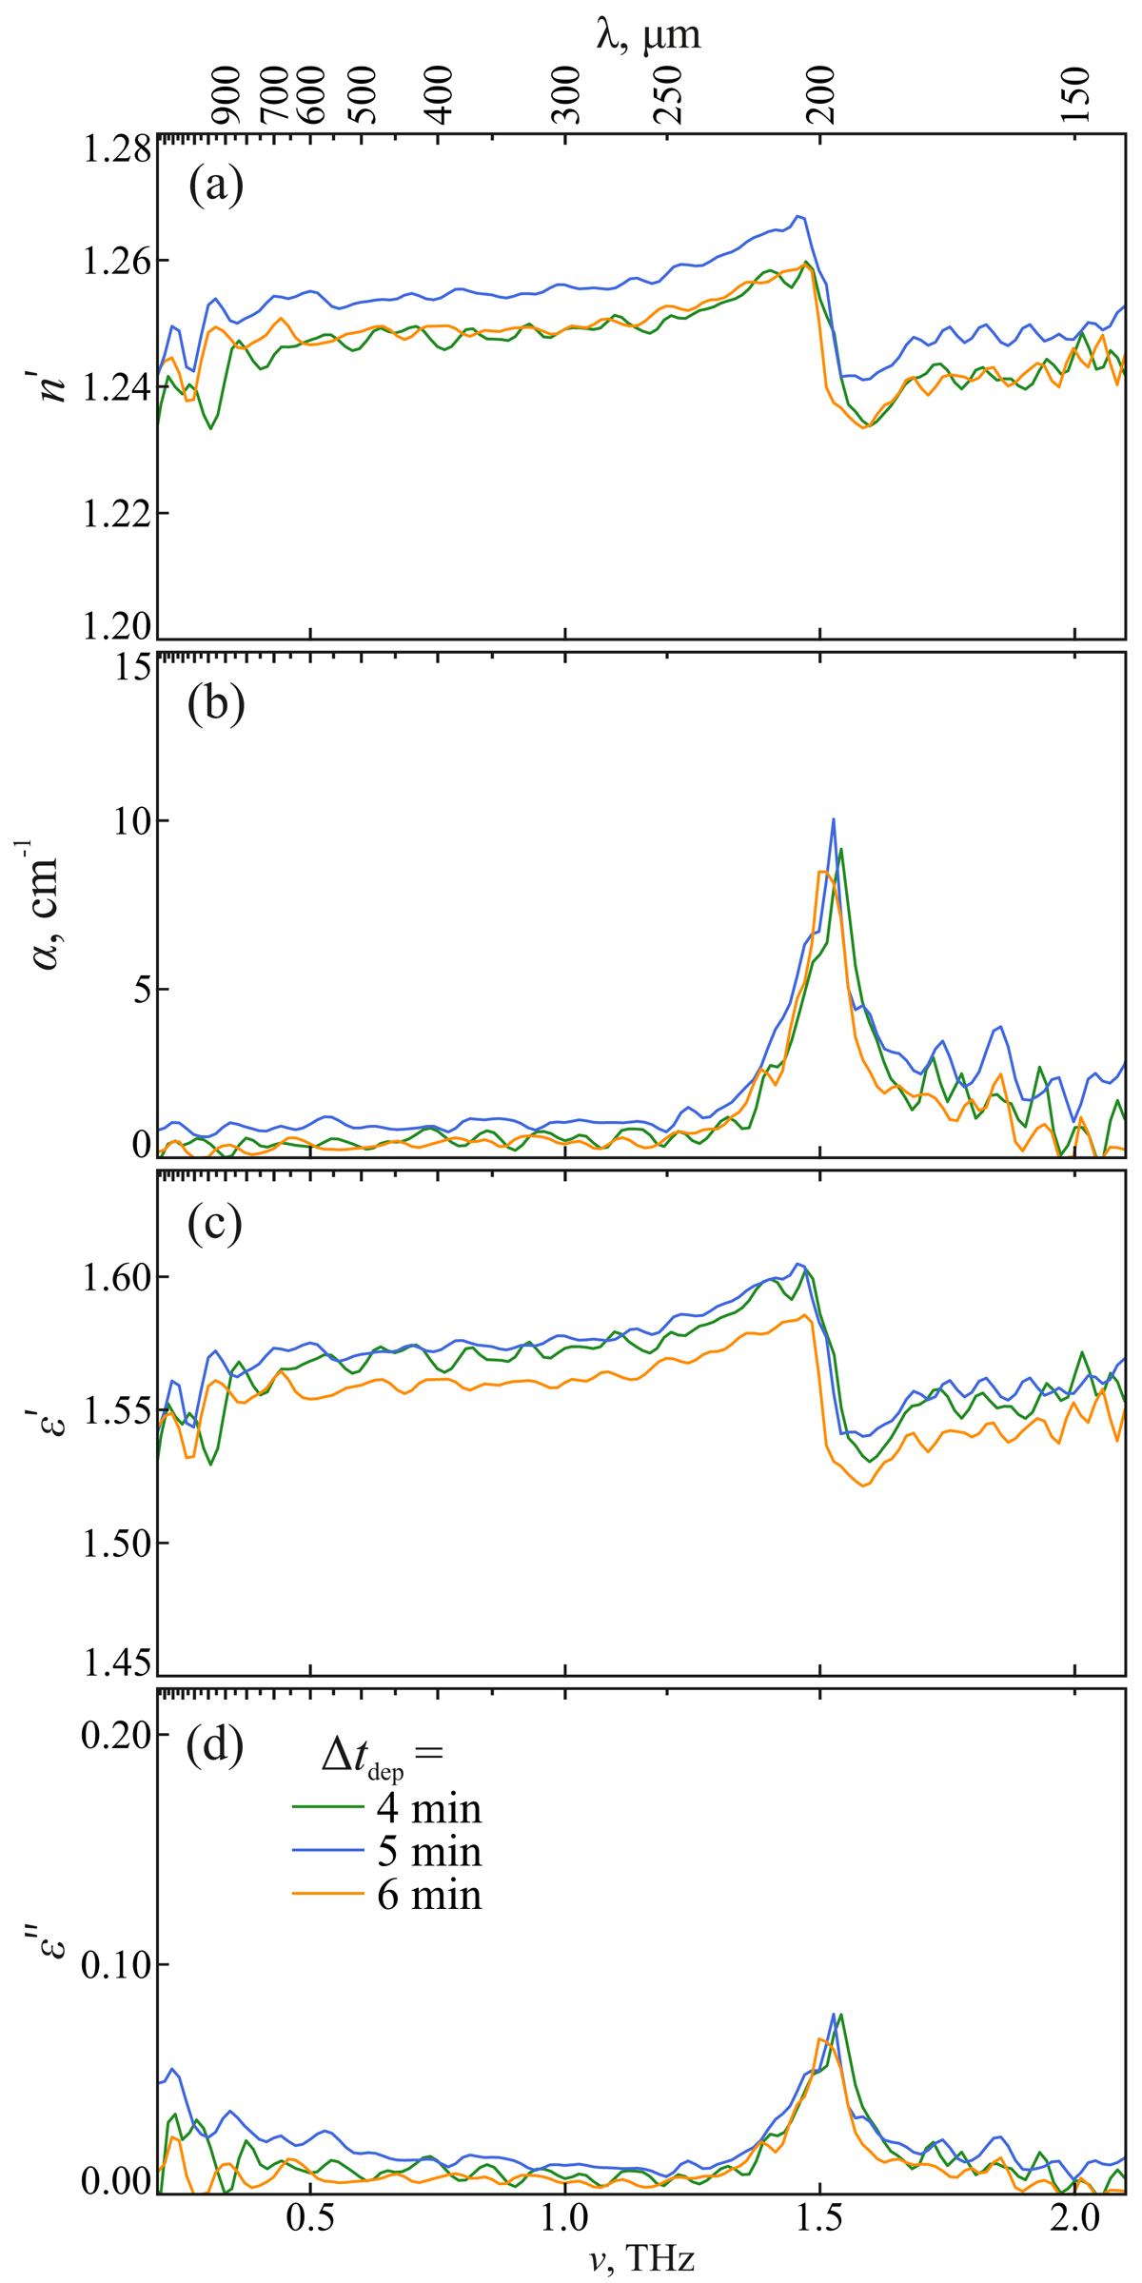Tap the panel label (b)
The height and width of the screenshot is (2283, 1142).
pyautogui.click(x=216, y=704)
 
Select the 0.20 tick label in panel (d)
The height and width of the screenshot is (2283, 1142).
pyautogui.click(x=115, y=1735)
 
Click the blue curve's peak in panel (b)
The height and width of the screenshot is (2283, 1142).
pyautogui.click(x=834, y=819)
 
